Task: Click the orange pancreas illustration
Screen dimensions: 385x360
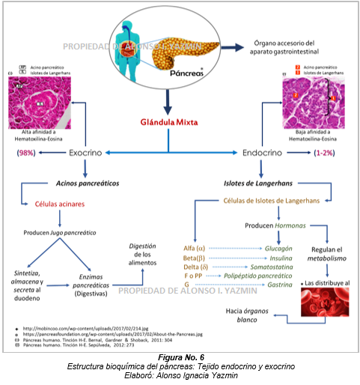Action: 191,46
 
